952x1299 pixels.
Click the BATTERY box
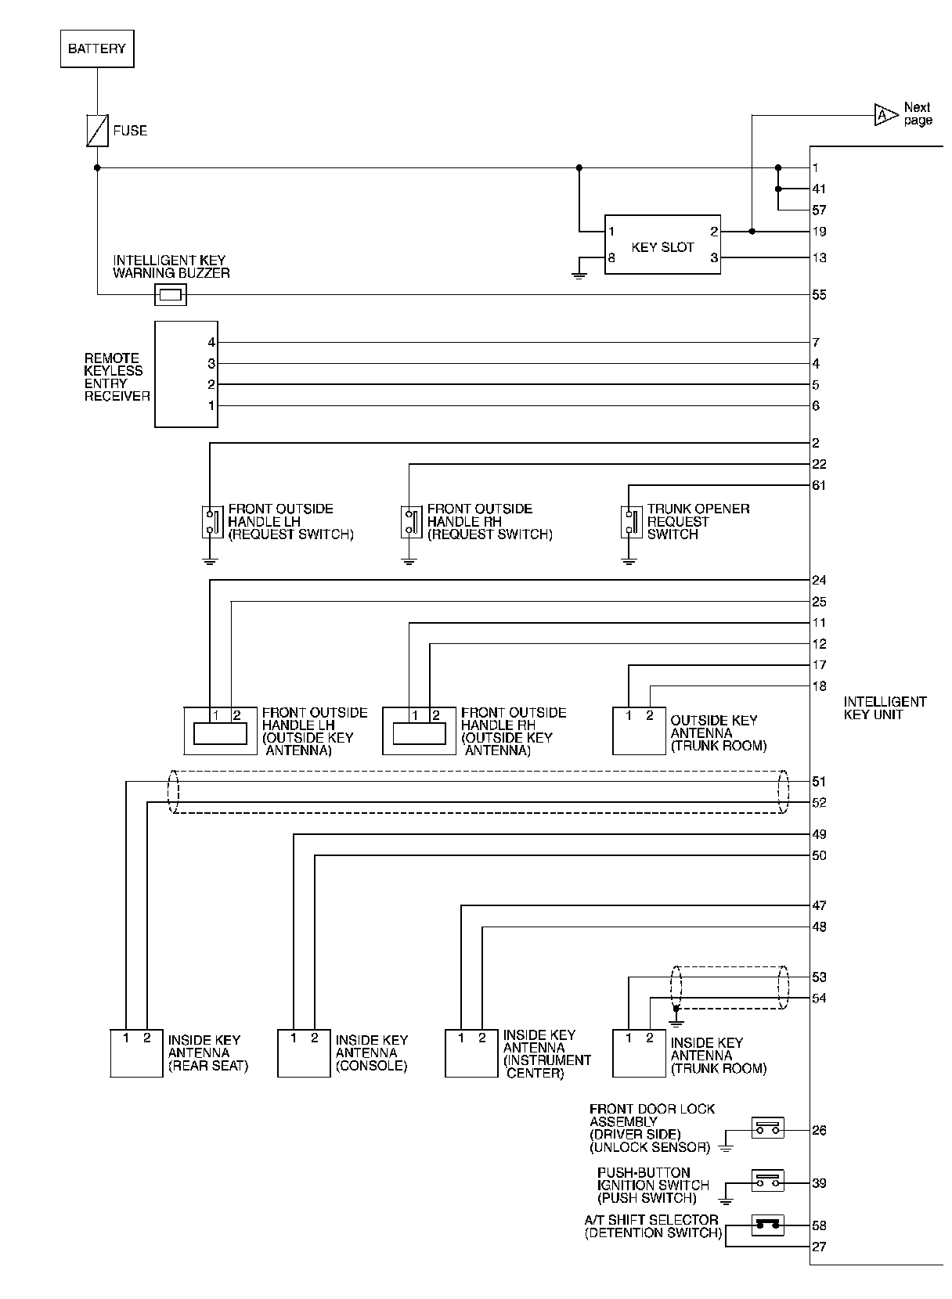(97, 49)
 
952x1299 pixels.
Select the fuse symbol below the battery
(97, 130)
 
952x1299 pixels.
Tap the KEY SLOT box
(662, 245)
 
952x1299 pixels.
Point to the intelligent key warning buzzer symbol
(171, 294)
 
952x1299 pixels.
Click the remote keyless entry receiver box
(186, 374)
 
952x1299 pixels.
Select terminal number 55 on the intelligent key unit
(819, 295)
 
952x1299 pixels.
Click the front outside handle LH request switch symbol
(210, 521)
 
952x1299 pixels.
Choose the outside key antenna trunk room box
(639, 730)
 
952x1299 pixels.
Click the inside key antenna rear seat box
(136, 1053)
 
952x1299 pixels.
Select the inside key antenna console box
(304, 1053)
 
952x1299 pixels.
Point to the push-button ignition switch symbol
(767, 1181)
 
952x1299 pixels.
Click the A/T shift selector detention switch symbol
(767, 1225)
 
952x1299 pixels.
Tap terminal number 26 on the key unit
(819, 1130)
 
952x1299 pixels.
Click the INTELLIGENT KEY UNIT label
(884, 707)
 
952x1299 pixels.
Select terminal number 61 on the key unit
(819, 485)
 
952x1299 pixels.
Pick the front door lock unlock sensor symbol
(767, 1128)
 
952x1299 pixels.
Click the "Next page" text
(917, 113)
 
